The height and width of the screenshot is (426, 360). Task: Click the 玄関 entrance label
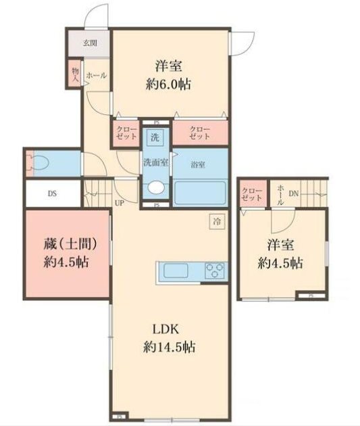tap(90, 43)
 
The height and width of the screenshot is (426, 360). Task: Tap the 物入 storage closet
tap(76, 74)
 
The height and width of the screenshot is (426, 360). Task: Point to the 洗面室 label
tap(155, 162)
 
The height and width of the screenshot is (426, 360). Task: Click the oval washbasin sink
tap(156, 189)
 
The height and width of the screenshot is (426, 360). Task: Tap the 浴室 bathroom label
tap(198, 164)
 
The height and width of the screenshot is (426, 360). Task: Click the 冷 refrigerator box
tap(217, 221)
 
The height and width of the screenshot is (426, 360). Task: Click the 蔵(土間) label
tap(67, 243)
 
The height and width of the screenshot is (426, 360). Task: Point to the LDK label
tap(169, 329)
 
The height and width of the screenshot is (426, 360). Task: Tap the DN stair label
tap(293, 193)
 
